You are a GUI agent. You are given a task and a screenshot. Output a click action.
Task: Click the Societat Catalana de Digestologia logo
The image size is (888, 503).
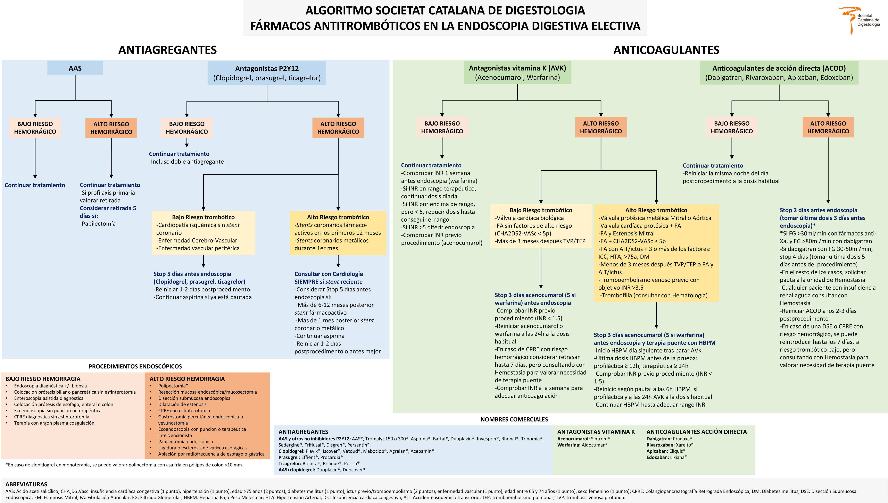pyautogui.click(x=861, y=20)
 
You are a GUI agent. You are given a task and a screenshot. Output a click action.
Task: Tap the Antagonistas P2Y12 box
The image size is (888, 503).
pyautogui.click(x=267, y=73)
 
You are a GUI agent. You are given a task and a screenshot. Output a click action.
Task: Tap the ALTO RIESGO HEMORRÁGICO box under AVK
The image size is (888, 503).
pyautogui.click(x=601, y=127)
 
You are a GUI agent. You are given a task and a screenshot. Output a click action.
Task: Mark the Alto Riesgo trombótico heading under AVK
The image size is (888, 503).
pyautogui.click(x=656, y=210)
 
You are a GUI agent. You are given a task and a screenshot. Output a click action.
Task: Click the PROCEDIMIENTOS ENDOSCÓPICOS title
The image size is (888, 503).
pyautogui.click(x=135, y=366)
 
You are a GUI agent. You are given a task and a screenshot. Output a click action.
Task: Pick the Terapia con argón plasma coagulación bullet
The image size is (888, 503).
pyautogui.click(x=54, y=423)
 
